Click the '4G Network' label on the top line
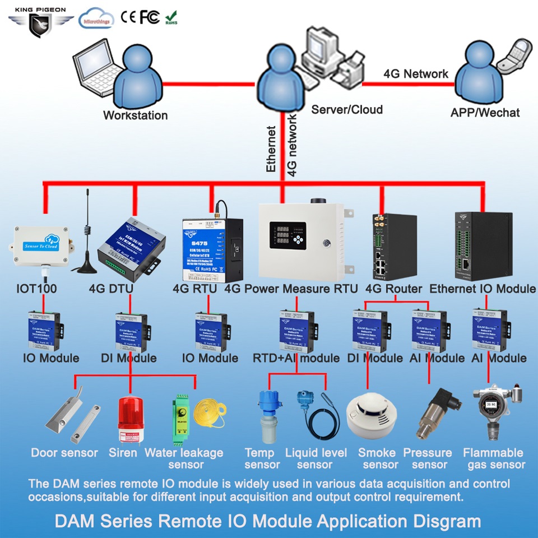pyautogui.click(x=416, y=73)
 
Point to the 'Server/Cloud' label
pyautogui.click(x=347, y=109)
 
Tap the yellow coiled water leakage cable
pyautogui.click(x=210, y=418)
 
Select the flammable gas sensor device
pyautogui.click(x=492, y=412)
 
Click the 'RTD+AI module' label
pyautogui.click(x=296, y=358)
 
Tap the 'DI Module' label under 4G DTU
pyautogui.click(x=128, y=358)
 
